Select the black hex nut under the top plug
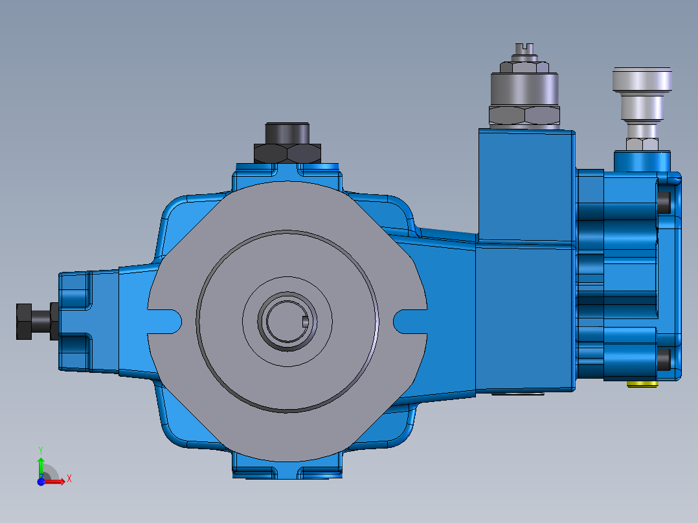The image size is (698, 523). click(287, 153)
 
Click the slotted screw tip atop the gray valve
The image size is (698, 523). click(524, 48)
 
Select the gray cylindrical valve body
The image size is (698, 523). click(524, 88)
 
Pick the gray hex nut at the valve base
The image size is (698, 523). click(524, 116)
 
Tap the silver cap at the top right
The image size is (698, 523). click(643, 80)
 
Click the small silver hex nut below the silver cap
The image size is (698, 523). click(642, 143)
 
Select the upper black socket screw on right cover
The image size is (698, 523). click(664, 203)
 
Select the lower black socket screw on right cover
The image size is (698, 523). click(664, 359)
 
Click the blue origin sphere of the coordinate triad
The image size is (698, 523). click(41, 482)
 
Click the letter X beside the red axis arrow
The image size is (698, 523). click(69, 478)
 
